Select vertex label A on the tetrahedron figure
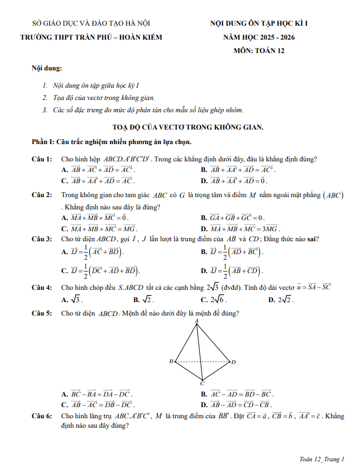coord(197,322)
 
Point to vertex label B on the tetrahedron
coord(171,361)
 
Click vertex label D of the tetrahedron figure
coord(233,362)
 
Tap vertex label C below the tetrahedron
coord(202,384)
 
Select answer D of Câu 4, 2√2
coord(284,299)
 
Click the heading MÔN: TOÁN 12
coord(258,51)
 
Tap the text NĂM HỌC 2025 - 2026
coord(258,37)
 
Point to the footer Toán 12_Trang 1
coord(322,459)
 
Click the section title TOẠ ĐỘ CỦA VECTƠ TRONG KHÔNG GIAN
coord(188,127)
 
